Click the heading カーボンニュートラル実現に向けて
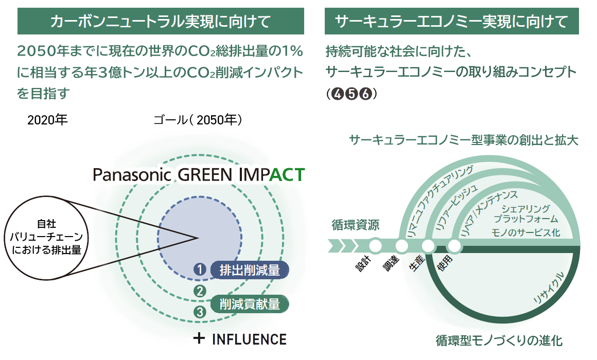160,21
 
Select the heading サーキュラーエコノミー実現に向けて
451,21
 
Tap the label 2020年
47,120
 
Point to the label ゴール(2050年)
198,120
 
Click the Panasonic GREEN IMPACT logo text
199,175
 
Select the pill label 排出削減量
250,270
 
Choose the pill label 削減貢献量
250,303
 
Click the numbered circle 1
200,269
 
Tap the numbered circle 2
200,292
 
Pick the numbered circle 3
200,312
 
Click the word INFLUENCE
250,339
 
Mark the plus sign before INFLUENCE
199,338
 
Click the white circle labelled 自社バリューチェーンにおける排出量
46,238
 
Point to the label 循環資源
355,225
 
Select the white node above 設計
375,246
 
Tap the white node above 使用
454,246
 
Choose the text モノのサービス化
526,232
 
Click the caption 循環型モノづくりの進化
499,340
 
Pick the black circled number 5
352,93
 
